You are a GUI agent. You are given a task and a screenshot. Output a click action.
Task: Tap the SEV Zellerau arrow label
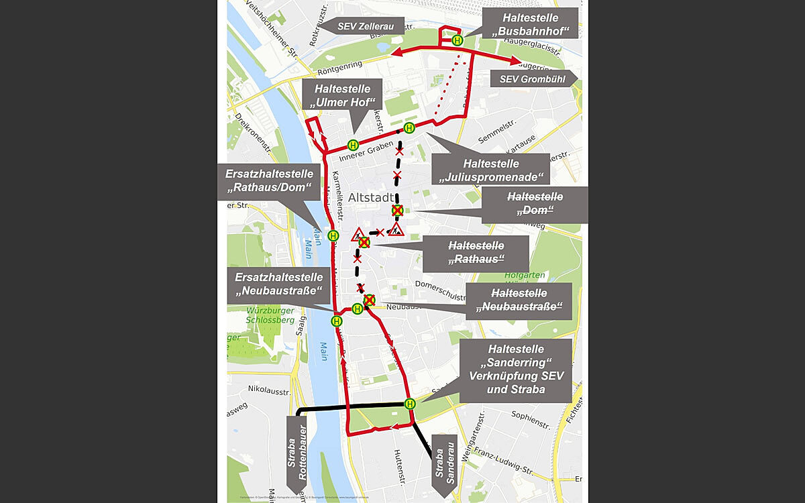point(363,26)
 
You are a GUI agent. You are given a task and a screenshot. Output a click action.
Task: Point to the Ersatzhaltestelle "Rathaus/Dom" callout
point(268,180)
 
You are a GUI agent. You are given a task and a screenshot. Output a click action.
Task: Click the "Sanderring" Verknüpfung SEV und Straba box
point(517,370)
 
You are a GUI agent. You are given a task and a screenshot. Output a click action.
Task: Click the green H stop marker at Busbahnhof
point(458,40)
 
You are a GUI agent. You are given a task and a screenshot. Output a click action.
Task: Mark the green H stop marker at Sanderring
point(410,404)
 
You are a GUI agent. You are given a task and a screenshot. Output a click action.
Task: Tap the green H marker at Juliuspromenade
point(409,128)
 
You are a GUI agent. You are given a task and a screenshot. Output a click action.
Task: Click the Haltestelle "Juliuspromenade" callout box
point(490,170)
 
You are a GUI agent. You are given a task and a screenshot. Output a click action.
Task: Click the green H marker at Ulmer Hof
point(353,144)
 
